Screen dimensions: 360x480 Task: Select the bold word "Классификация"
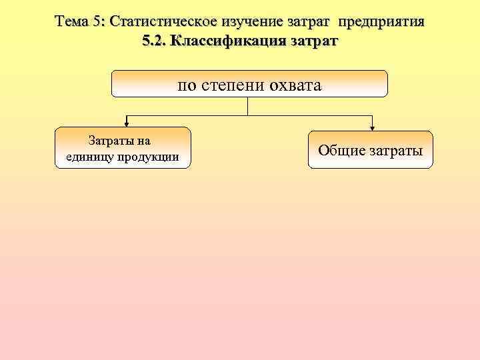(x=228, y=41)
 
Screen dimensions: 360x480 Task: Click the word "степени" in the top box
(x=232, y=86)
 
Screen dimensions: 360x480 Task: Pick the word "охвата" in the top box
(x=294, y=86)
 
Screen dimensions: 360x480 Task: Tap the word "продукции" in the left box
(x=150, y=157)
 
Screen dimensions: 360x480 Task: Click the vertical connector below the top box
(x=249, y=107)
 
